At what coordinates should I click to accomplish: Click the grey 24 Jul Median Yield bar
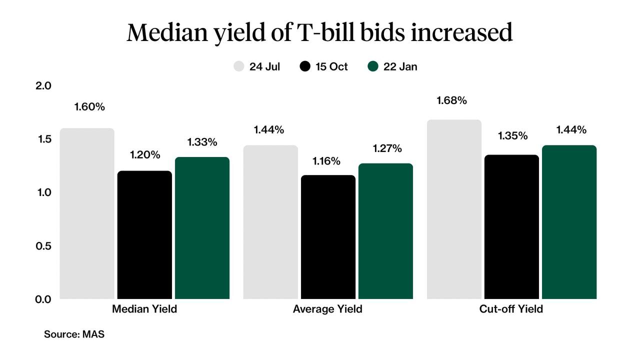pyautogui.click(x=87, y=213)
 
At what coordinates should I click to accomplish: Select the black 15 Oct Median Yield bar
pyautogui.click(x=145, y=235)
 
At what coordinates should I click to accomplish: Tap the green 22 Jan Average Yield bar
pyautogui.click(x=385, y=231)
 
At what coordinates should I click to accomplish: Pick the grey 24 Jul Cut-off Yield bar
pyautogui.click(x=454, y=209)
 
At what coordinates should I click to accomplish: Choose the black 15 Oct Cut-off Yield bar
pyautogui.click(x=511, y=227)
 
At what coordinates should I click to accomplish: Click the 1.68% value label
pyautogui.click(x=451, y=100)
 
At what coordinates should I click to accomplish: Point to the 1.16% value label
pyautogui.click(x=326, y=161)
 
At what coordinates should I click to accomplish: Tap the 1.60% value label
pyautogui.click(x=89, y=107)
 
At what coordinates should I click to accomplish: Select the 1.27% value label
pyautogui.click(x=387, y=148)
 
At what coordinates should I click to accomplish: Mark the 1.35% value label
pyautogui.click(x=512, y=135)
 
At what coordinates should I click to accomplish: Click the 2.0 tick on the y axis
pyautogui.click(x=44, y=85)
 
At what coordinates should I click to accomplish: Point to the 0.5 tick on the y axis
pyautogui.click(x=44, y=245)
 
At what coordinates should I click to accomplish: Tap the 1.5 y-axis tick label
pyautogui.click(x=44, y=139)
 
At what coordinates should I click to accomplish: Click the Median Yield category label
pyautogui.click(x=144, y=309)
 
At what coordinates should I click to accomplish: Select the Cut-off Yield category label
pyautogui.click(x=511, y=309)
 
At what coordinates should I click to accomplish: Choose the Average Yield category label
pyautogui.click(x=327, y=309)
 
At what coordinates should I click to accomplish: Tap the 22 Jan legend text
pyautogui.click(x=400, y=66)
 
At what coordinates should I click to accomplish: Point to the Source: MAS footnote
pyautogui.click(x=74, y=334)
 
